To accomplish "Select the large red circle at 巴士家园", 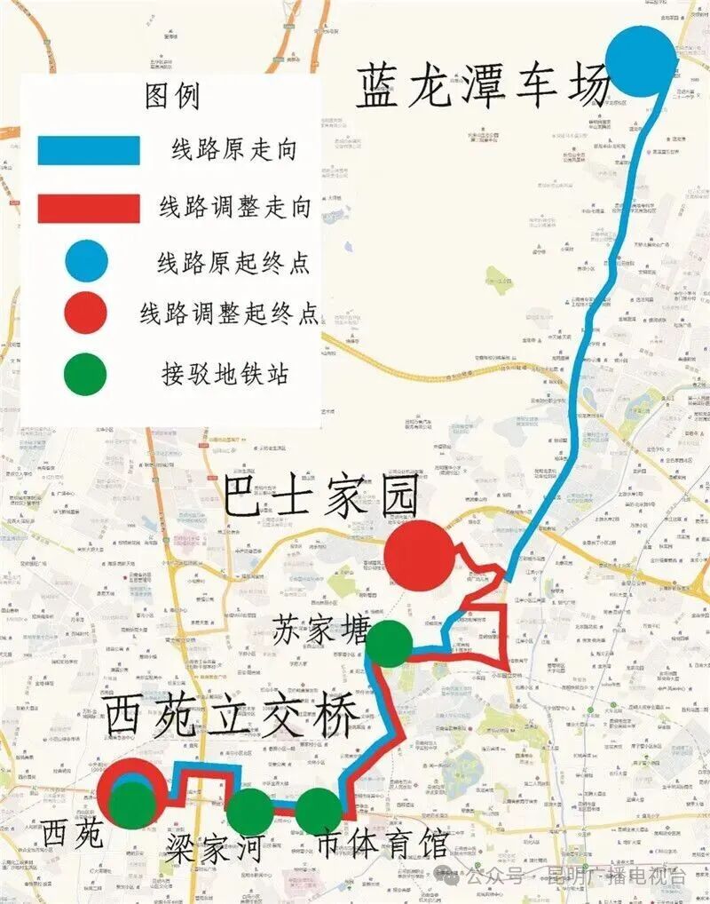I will click(419, 557).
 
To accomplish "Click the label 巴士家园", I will click(319, 499).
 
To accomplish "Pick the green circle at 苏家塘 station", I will click(389, 644).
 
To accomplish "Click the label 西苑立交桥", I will click(231, 716).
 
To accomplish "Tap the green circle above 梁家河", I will click(250, 811).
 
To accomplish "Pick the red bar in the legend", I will click(89, 208).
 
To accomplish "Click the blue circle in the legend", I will click(86, 260).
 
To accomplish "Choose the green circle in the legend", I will click(86, 374).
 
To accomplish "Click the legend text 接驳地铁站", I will click(225, 373).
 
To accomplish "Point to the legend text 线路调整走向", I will click(235, 208).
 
